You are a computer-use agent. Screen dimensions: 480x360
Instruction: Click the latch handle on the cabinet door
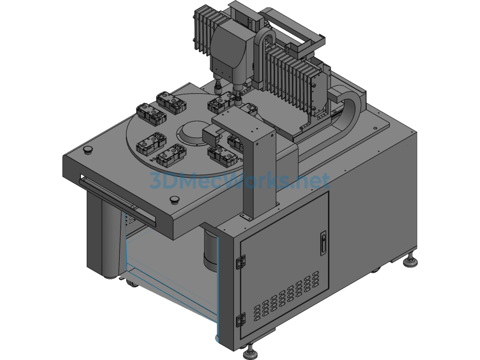[x=323, y=243]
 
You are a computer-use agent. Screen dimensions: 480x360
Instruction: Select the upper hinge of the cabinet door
[x=240, y=262]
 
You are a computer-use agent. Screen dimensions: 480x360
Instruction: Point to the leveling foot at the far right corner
[x=409, y=260]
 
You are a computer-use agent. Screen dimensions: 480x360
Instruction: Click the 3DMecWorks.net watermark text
[x=240, y=180]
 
